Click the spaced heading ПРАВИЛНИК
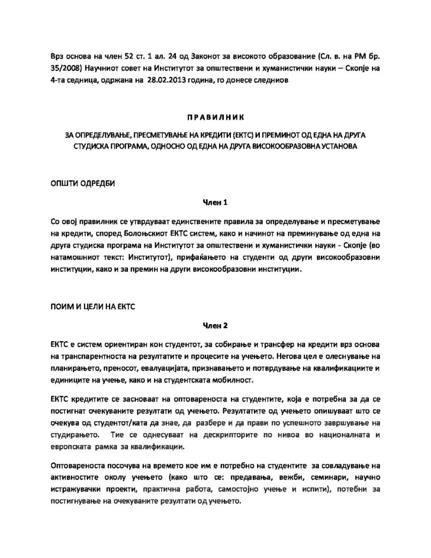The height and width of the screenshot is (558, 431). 215,117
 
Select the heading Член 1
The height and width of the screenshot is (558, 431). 215,203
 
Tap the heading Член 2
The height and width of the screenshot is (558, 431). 215,326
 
